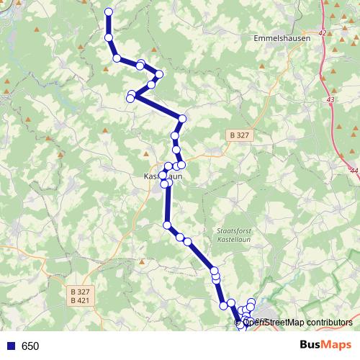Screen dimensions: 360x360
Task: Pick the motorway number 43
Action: (330, 99)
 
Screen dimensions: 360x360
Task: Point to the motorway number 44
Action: (354, 171)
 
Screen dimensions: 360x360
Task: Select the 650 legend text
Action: (30, 346)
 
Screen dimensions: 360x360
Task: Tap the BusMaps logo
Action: (325, 345)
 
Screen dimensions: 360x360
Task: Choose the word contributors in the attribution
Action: (329, 322)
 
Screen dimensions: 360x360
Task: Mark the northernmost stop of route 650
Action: (109, 12)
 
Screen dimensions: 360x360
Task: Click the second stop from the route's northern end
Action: (109, 37)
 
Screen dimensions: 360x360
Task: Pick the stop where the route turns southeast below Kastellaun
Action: (168, 226)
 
